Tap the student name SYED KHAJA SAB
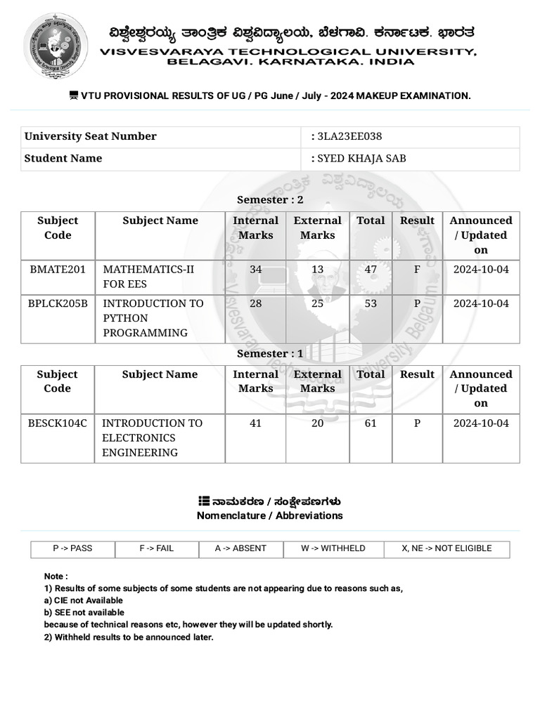point(361,159)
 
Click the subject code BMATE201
point(58,270)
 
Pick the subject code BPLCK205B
point(58,303)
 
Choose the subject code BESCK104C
point(58,423)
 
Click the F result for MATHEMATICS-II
point(417,270)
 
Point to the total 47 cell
point(371,270)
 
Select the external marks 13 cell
point(317,270)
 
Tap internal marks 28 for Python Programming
point(255,303)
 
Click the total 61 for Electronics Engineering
point(371,423)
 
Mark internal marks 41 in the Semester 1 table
point(255,423)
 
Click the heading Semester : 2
point(270,200)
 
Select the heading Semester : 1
point(270,354)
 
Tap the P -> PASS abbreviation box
point(72,548)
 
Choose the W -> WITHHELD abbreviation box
point(333,548)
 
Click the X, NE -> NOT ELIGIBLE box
point(446,548)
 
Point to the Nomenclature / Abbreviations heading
point(270,515)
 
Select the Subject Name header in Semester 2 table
point(160,220)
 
